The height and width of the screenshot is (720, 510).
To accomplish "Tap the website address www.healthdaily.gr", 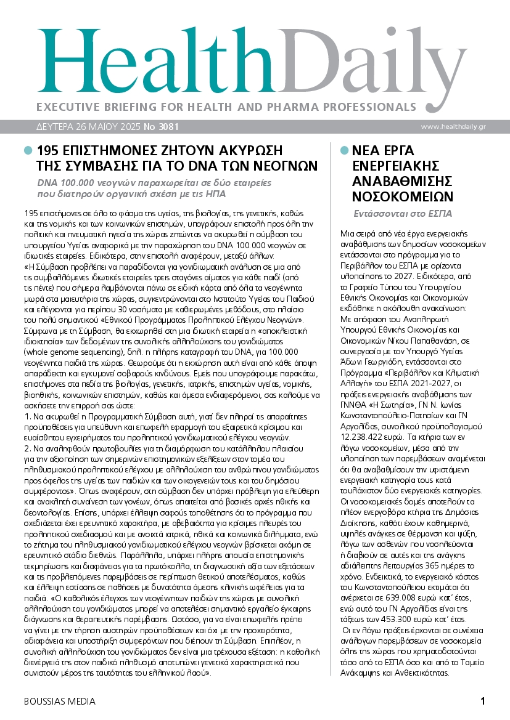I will (x=462, y=126).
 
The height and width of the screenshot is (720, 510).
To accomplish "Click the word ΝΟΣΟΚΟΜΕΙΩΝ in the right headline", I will (x=403, y=197).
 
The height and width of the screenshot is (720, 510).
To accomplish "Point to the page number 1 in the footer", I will (x=483, y=701).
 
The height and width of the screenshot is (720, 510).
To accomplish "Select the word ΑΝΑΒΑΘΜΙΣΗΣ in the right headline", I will (x=396, y=182).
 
